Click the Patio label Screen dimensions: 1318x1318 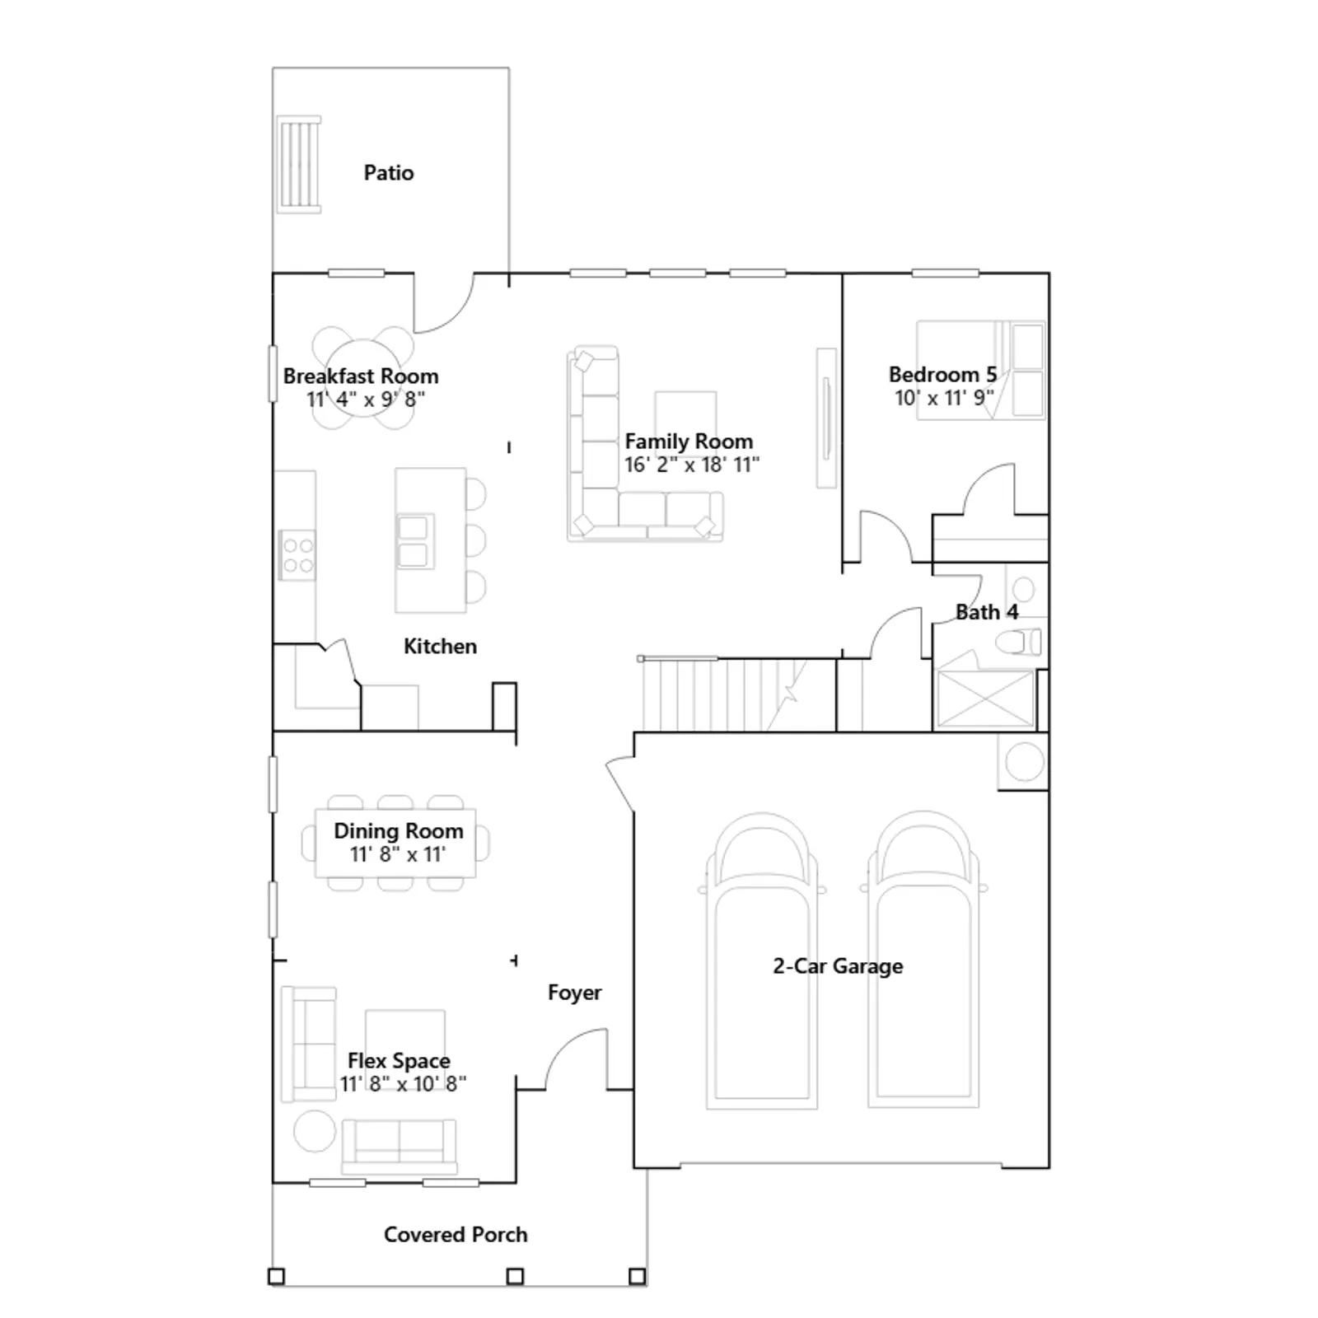pos(389,173)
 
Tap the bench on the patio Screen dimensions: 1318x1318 pos(298,165)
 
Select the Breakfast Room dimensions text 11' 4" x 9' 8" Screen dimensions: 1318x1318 pos(366,400)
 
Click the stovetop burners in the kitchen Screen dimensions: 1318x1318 pos(297,555)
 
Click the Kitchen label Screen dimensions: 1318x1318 pos(440,647)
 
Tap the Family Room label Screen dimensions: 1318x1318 pos(689,442)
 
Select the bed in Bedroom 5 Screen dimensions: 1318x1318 pos(980,370)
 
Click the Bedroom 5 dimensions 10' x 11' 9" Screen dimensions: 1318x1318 pos(944,398)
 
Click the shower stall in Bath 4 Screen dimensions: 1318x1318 pos(985,699)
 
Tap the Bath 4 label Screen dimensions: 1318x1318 pos(987,612)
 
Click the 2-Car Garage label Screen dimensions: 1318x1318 pos(838,966)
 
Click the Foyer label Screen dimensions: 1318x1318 pos(574,993)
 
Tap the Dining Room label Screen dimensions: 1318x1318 pos(399,831)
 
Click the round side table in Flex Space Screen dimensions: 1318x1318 pos(315,1131)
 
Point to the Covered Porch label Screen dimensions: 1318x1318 pos(456,1235)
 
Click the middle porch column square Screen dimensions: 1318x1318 pos(515,1277)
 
